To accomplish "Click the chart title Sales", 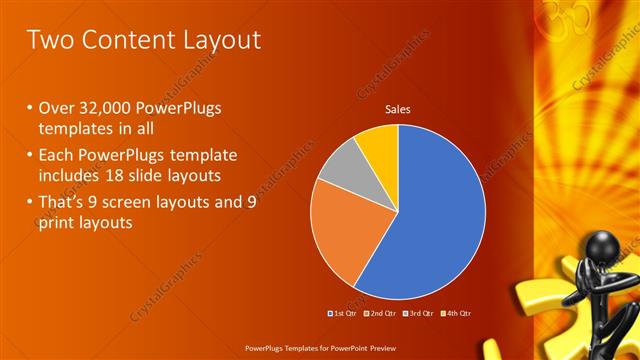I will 398,110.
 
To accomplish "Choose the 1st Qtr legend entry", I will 343,313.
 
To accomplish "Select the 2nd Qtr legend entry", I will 379,313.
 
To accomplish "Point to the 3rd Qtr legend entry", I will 416,313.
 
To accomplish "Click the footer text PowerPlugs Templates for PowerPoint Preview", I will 320,348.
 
